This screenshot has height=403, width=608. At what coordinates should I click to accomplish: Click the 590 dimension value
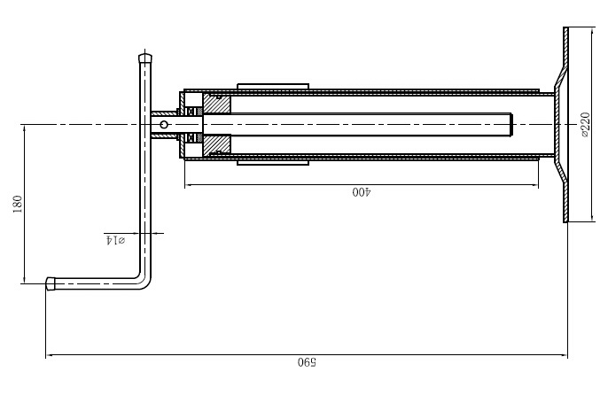point(307,363)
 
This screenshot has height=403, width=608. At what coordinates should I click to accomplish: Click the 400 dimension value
point(362,192)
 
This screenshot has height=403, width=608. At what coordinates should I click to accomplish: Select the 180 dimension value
point(18,205)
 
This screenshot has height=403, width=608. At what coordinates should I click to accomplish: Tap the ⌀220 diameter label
point(585,124)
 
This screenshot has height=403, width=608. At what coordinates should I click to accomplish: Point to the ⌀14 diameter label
point(115,240)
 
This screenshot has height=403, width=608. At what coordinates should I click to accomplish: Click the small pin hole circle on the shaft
point(164,124)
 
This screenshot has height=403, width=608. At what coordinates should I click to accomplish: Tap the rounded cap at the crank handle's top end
point(145,58)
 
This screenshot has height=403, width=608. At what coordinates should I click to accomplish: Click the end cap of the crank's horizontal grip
point(51,283)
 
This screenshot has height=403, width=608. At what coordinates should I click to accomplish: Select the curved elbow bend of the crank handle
point(144,282)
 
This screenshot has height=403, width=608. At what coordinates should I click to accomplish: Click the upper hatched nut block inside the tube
point(217,104)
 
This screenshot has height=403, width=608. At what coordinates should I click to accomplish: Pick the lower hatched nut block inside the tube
point(217,145)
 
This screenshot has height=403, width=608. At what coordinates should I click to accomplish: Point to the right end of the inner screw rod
point(511,124)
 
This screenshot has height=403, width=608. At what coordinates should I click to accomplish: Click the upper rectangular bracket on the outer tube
point(273,86)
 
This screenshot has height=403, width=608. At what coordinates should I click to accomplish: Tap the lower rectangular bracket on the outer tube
point(273,162)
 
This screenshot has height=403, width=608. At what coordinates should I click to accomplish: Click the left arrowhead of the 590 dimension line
point(50,354)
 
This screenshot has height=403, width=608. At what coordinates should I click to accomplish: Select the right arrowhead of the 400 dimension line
point(534,185)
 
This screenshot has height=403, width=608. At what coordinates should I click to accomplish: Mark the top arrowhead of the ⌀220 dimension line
point(592,31)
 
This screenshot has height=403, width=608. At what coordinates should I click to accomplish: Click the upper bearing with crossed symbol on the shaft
point(191,112)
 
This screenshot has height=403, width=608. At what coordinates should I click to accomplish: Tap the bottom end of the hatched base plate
point(565,220)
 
